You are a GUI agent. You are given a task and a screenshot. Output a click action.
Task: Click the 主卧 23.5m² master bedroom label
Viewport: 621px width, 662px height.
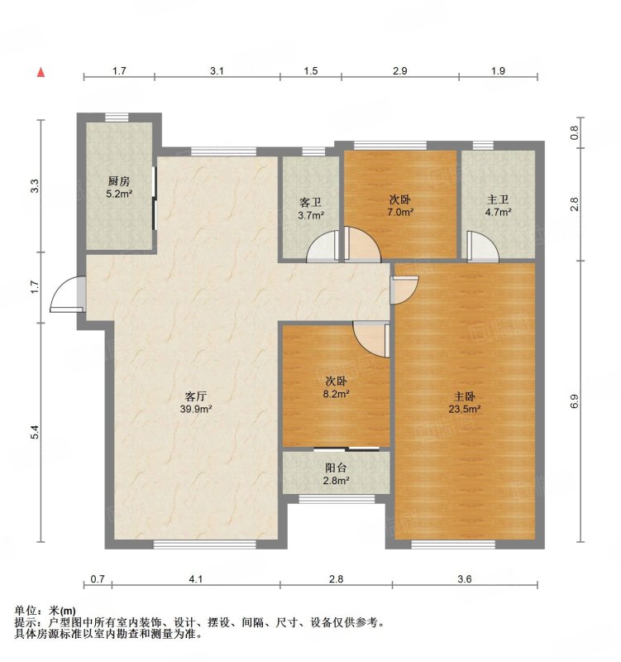coord(466,401)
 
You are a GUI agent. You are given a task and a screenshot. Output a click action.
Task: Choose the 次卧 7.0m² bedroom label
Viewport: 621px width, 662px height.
coord(400,206)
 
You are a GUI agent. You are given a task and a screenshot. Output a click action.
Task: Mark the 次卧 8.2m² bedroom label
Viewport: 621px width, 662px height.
coord(336,388)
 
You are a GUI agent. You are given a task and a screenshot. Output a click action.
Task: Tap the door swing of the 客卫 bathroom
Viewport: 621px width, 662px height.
coord(322,247)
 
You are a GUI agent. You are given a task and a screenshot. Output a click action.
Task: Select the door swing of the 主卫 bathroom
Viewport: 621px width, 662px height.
coord(480,245)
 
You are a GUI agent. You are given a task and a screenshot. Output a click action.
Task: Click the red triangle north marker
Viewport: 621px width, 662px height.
coord(40,73)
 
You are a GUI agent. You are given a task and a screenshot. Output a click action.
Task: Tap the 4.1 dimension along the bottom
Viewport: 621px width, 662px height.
coord(195,579)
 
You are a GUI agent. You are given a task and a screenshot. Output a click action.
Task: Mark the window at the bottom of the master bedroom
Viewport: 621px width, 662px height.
coord(453,544)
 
